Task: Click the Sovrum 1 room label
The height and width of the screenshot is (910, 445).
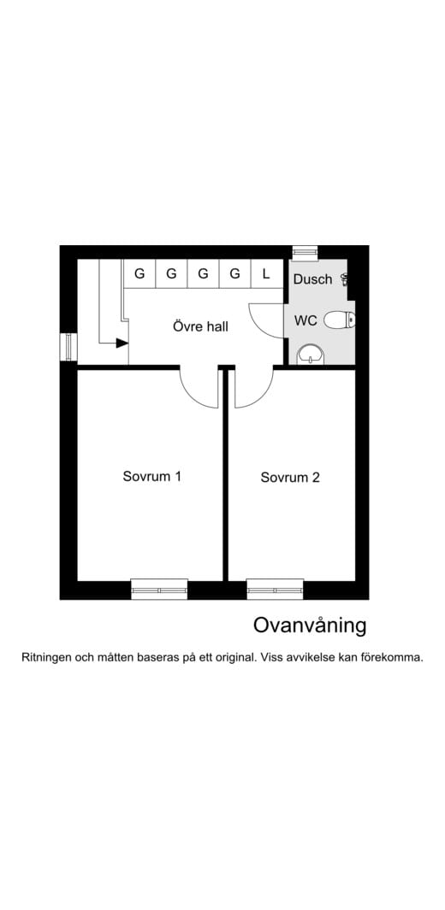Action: [x=151, y=477]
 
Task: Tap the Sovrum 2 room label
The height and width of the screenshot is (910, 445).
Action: [x=290, y=478]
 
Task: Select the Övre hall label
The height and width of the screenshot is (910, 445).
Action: [x=200, y=326]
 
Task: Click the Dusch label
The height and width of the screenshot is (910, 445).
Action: [x=312, y=279]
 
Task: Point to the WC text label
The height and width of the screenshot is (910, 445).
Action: [x=306, y=321]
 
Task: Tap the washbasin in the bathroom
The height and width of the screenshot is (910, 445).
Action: [x=310, y=354]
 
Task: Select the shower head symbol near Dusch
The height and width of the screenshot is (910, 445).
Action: [x=345, y=278]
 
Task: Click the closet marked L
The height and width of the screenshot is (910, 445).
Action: [x=266, y=274]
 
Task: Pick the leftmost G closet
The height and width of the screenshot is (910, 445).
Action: [x=139, y=274]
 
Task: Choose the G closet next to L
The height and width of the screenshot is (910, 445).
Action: [x=234, y=274]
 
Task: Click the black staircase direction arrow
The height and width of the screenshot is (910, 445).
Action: [x=122, y=343]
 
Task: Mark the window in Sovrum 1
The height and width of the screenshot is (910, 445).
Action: [x=159, y=589]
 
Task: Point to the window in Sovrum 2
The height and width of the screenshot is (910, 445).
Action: [x=275, y=589]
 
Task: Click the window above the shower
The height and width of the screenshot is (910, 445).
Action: [x=305, y=252]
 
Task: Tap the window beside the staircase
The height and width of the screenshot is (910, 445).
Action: [x=68, y=346]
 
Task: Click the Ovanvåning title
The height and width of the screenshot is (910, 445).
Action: [x=309, y=625]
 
